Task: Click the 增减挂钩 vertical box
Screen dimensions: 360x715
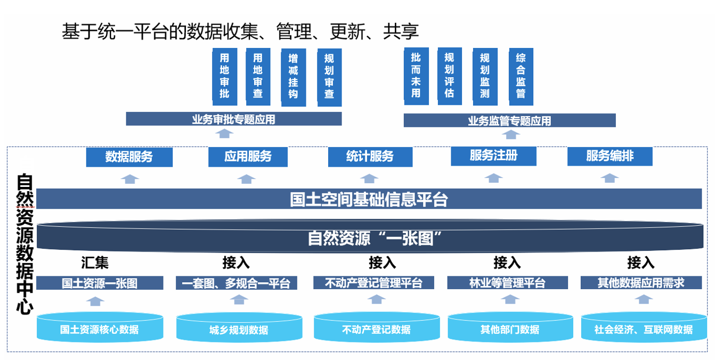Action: [x=293, y=77]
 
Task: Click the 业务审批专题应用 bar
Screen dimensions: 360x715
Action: [x=233, y=119]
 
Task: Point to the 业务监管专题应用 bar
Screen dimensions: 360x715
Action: [x=509, y=121]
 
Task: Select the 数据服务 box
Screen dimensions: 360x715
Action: [x=129, y=157]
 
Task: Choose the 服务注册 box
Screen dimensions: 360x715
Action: [x=493, y=156]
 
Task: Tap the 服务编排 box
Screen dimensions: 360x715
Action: [x=610, y=156]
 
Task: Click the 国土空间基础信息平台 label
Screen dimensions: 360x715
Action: [x=369, y=199]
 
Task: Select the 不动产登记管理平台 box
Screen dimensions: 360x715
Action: [x=373, y=283]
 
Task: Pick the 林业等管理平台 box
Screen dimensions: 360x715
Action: [x=507, y=283]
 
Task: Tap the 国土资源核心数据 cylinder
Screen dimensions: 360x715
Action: [x=100, y=328]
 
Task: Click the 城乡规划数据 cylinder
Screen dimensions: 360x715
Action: [x=239, y=329]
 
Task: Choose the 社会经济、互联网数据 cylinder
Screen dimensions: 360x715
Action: [x=643, y=328]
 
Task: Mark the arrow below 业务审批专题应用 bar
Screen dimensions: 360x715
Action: [x=226, y=133]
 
